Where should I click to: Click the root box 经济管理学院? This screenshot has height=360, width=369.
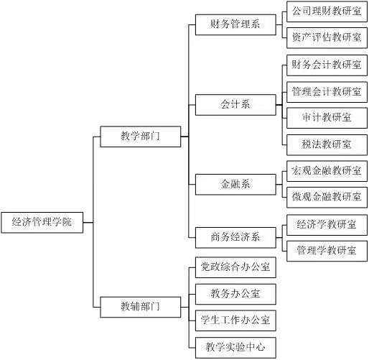click(x=42, y=222)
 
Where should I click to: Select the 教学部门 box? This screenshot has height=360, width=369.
click(x=141, y=137)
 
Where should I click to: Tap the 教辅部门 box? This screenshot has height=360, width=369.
click(x=141, y=307)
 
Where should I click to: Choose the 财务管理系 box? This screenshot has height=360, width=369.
click(x=235, y=24)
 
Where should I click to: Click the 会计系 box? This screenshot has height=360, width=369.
click(x=235, y=105)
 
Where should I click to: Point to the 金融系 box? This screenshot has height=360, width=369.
click(x=235, y=185)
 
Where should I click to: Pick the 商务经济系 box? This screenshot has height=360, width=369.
click(x=235, y=238)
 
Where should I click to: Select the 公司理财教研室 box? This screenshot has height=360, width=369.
click(x=327, y=11)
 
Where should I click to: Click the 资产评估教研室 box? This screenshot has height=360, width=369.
click(x=327, y=38)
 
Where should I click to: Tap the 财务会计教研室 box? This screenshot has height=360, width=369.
click(x=327, y=65)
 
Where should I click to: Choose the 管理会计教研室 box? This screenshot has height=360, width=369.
click(x=327, y=92)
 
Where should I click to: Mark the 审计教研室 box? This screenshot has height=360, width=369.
click(x=327, y=118)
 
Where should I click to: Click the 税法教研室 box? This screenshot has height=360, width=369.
click(x=327, y=145)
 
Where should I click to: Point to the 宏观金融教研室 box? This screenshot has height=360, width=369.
click(x=327, y=171)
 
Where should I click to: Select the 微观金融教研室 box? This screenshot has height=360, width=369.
click(x=327, y=198)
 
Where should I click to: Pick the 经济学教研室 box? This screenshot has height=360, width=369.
click(x=327, y=225)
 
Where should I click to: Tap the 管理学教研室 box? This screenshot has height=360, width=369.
click(x=327, y=251)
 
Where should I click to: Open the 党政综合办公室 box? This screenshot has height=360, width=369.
click(x=235, y=267)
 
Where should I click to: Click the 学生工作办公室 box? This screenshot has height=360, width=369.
click(x=235, y=320)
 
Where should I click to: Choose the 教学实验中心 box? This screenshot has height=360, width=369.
click(x=235, y=348)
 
